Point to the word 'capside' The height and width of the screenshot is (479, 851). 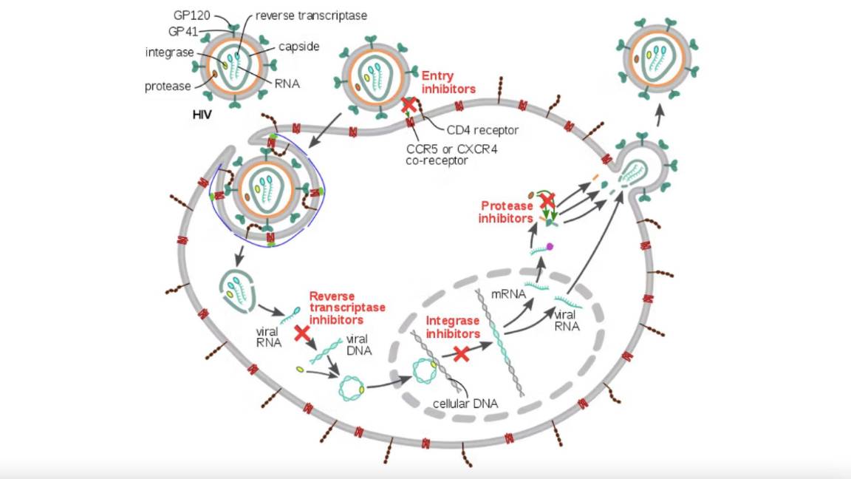click(298, 47)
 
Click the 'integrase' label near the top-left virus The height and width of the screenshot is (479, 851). click(170, 51)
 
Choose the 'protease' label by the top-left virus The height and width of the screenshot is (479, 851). click(168, 86)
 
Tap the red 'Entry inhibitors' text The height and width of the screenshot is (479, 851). click(448, 82)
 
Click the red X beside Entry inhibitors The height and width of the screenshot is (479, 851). click(408, 105)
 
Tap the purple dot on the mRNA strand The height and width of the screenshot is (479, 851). click(550, 247)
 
